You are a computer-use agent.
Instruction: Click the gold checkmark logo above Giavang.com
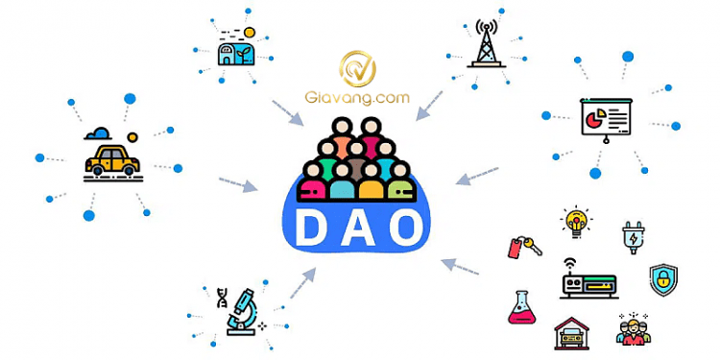[357, 68]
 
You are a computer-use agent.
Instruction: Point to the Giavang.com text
[358, 98]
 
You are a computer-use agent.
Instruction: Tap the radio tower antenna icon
[488, 44]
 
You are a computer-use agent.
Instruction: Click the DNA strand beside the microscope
[222, 300]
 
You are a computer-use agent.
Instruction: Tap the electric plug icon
[635, 236]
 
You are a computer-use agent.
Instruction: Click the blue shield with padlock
[663, 280]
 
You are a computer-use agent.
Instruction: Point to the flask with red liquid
[521, 307]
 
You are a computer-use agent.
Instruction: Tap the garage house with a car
[573, 333]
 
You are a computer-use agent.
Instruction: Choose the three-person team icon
[634, 328]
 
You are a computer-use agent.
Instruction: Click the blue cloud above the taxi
[99, 133]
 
